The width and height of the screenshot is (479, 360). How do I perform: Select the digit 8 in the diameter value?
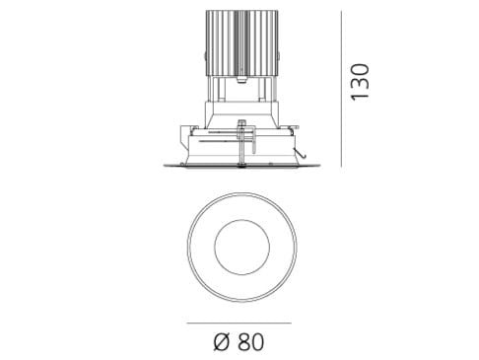(244, 343)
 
